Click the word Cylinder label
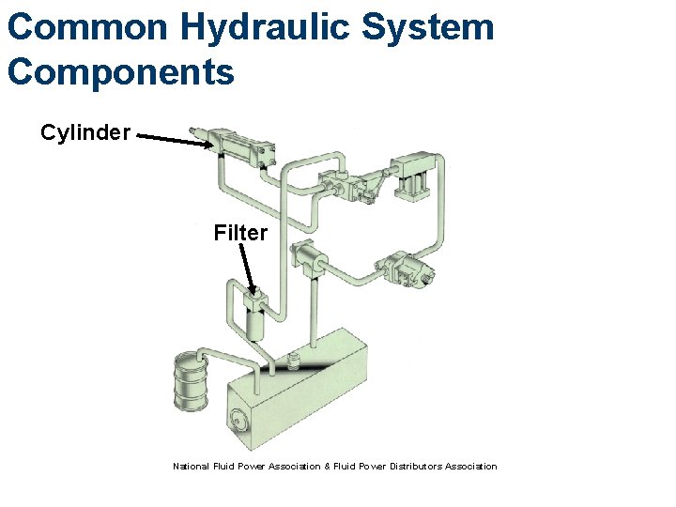tap(84, 132)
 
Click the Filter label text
tap(240, 233)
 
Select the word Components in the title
tap(120, 71)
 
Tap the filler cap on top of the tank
tap(294, 360)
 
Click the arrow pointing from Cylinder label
tap(174, 140)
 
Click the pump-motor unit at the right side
tap(407, 269)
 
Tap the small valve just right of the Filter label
tap(307, 255)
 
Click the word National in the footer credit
tap(191, 467)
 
